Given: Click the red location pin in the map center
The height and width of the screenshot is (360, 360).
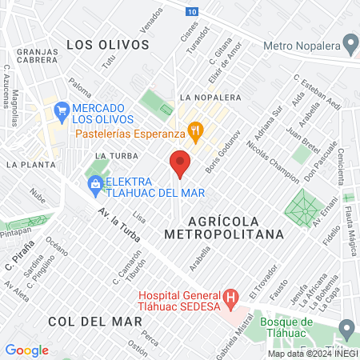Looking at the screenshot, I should (x=180, y=163).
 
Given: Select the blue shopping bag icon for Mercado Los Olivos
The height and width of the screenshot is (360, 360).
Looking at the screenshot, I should (x=60, y=108).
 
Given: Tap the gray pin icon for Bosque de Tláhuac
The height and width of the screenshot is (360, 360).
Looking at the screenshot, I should (x=346, y=327).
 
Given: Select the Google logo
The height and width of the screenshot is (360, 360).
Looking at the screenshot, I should (x=26, y=350).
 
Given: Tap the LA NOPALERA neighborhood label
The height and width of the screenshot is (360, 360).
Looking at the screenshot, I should (x=211, y=98).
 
